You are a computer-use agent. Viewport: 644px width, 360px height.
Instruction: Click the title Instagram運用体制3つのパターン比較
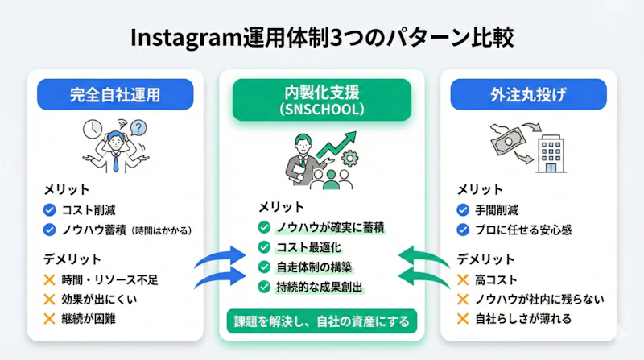pos(322,38)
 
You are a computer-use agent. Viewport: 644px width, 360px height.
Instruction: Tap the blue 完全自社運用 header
pos(114,95)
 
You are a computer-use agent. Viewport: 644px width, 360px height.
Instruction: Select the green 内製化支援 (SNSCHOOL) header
pos(322,99)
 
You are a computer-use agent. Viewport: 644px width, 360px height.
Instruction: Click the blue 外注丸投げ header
pos(530,95)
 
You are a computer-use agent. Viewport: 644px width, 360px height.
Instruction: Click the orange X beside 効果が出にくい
pos(51,299)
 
